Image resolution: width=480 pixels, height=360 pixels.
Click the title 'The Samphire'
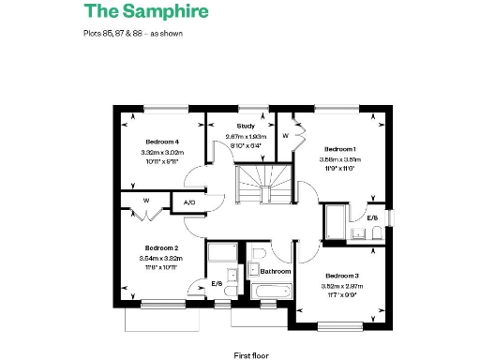tap(145, 12)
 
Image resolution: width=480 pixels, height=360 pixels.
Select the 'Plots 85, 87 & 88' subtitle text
tap(132, 33)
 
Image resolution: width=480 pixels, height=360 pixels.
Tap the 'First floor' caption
tap(252, 355)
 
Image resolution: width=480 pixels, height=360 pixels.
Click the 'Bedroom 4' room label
tap(161, 142)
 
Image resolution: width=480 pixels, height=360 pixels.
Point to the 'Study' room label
tap(246, 126)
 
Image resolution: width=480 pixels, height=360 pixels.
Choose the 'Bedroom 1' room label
tap(340, 148)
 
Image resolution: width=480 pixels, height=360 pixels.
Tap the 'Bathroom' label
tap(276, 271)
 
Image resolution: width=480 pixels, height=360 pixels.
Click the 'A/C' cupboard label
tap(188, 202)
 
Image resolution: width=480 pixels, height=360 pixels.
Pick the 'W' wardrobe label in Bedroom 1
tap(285, 135)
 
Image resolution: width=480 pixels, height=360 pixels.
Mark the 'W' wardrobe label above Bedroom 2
tap(145, 200)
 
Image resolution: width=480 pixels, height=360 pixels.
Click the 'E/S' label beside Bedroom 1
tap(372, 217)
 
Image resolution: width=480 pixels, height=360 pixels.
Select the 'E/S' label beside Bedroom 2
tap(217, 282)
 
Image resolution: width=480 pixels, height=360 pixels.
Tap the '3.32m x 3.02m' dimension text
tap(161, 152)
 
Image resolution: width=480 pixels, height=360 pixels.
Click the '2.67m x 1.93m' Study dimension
tap(246, 136)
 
